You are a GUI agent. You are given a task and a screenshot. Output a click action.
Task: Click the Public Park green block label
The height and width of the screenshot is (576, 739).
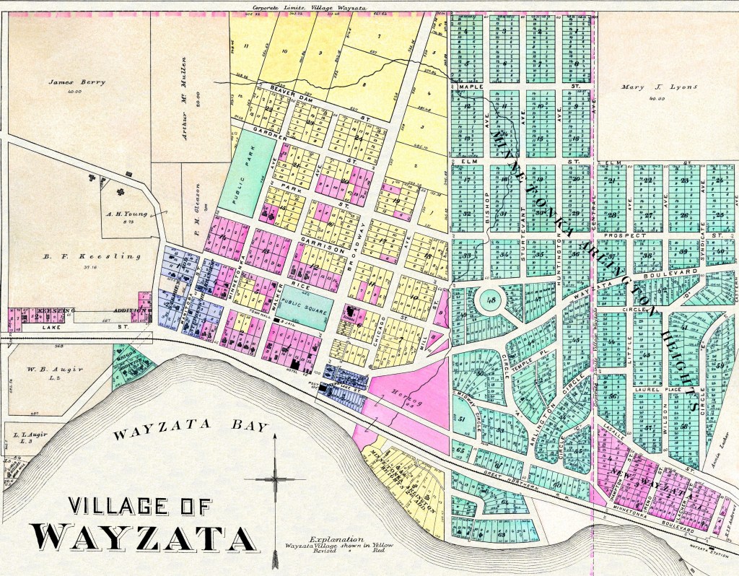[x=251, y=172]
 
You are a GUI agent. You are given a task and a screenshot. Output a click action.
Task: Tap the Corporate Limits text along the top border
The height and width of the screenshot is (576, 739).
[x=304, y=7]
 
